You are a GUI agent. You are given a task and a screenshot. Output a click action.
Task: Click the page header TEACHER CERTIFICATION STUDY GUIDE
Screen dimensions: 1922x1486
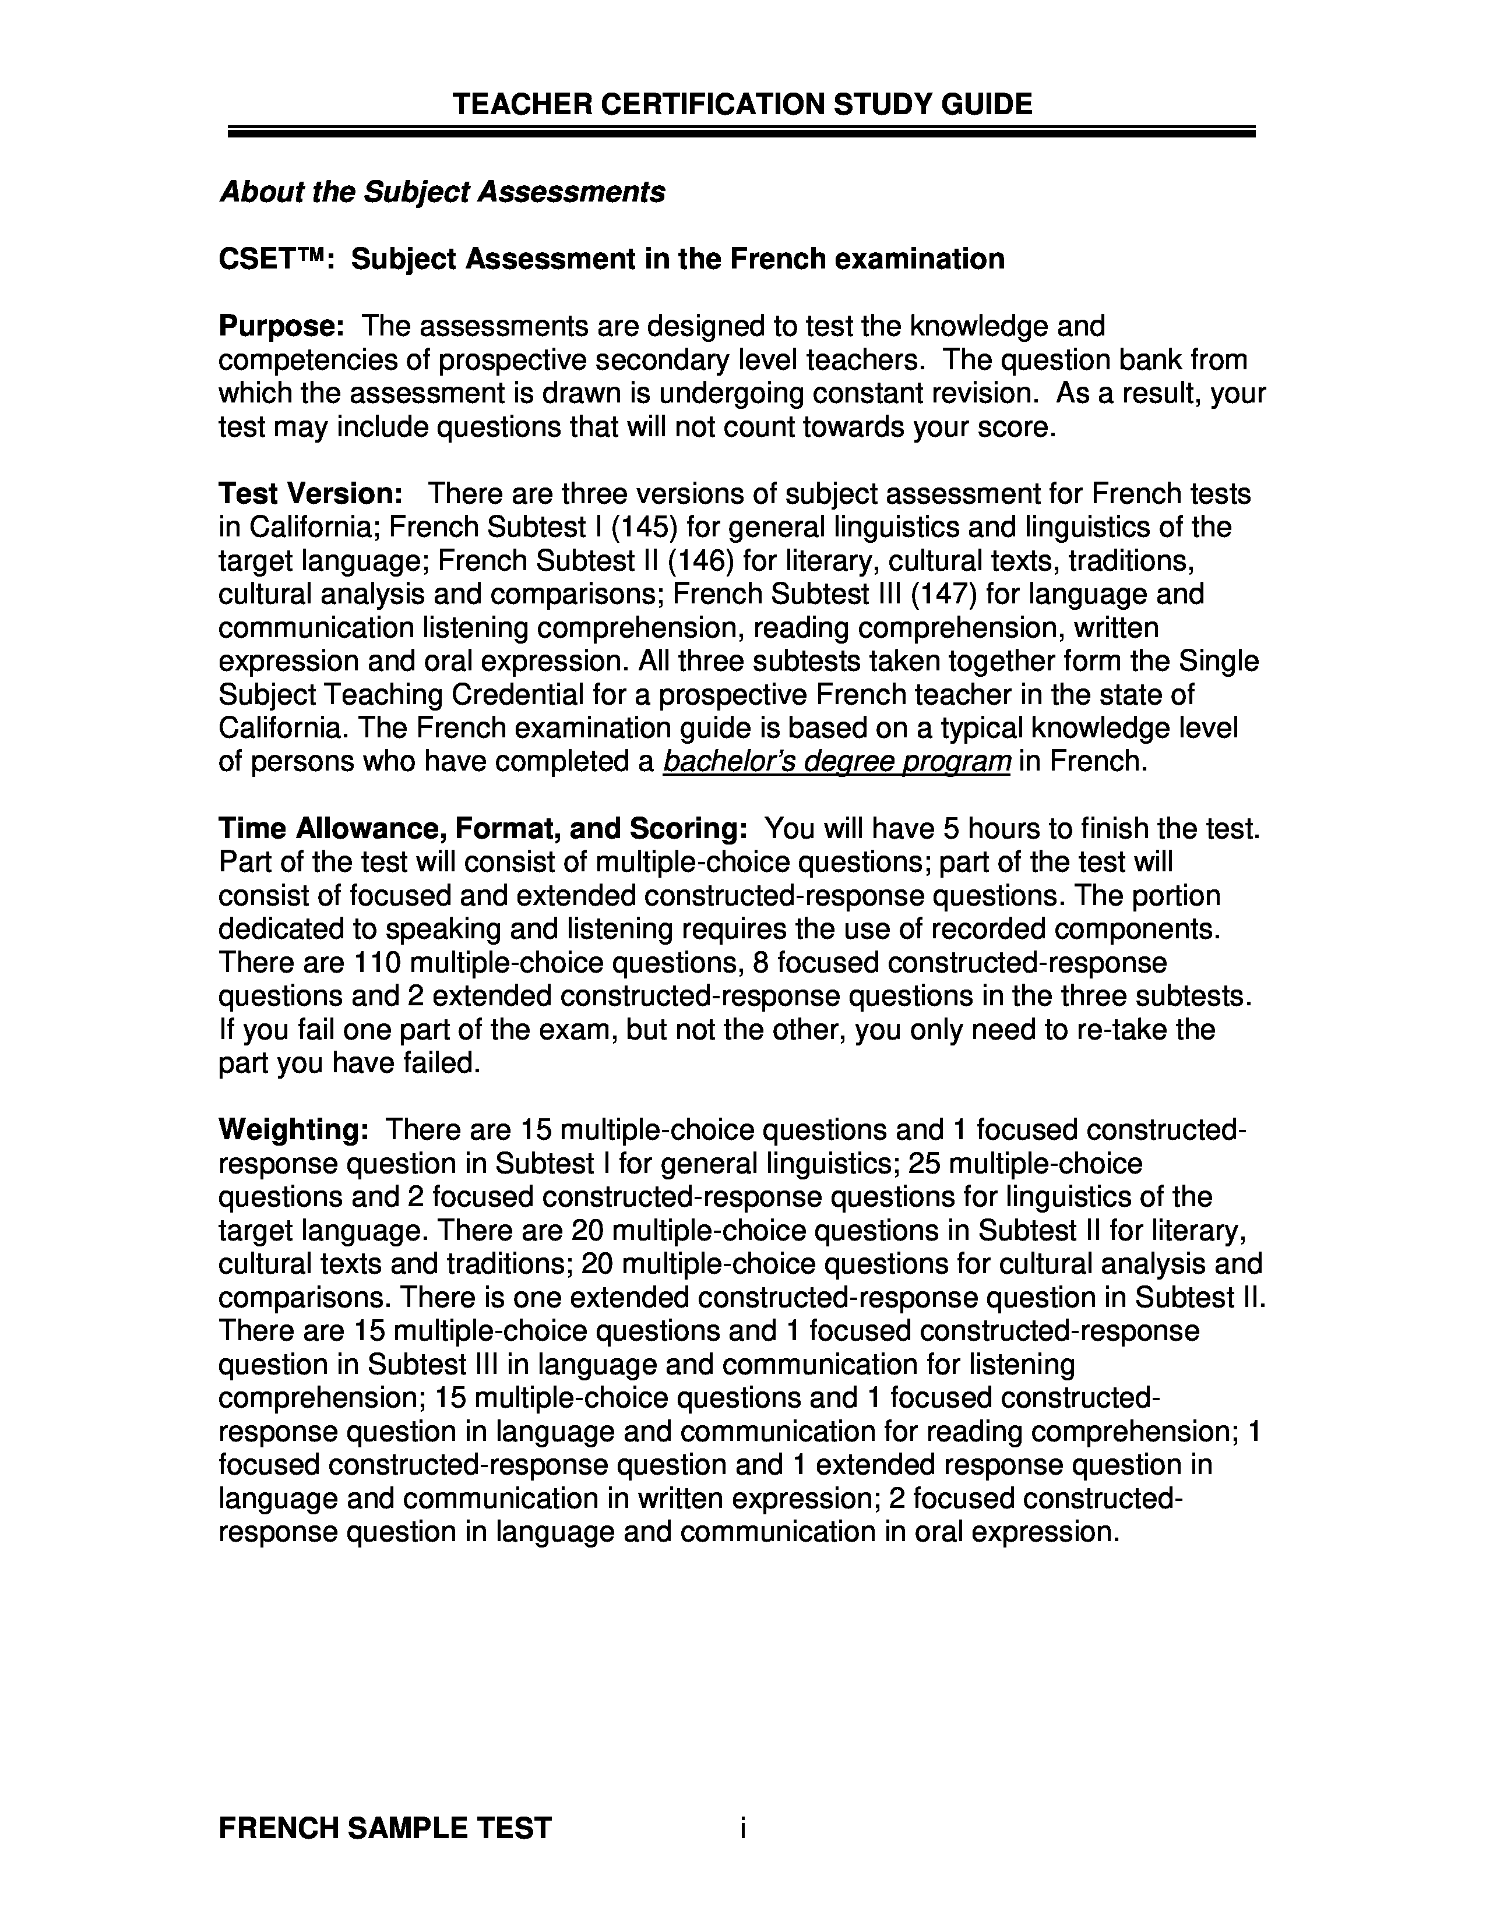[741, 105]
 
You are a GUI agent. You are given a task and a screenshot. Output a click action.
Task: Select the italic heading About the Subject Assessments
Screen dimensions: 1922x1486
[442, 192]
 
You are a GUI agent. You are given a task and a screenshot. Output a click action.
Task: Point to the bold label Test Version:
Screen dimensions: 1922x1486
[311, 494]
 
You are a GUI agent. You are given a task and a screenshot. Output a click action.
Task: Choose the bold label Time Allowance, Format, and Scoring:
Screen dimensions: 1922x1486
[483, 829]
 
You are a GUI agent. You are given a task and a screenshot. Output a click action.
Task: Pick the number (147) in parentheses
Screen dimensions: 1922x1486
[943, 594]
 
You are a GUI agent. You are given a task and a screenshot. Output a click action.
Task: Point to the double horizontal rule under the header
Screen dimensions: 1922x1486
[741, 132]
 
